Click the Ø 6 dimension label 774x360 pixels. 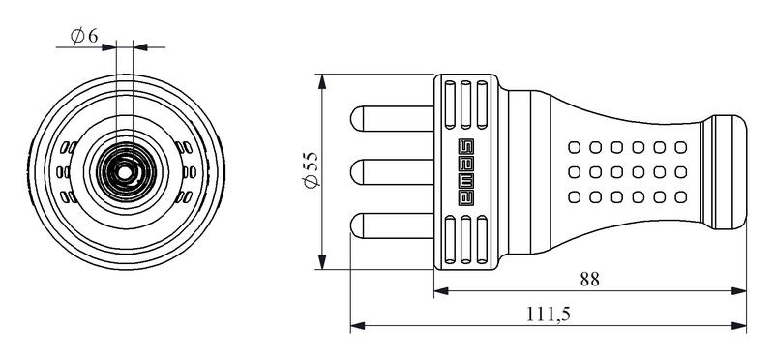pyautogui.click(x=84, y=36)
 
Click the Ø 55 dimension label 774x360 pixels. pyautogui.click(x=313, y=170)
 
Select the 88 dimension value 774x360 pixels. pyautogui.click(x=589, y=280)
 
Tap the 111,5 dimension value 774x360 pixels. pyautogui.click(x=548, y=315)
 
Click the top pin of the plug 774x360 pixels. pyautogui.click(x=392, y=119)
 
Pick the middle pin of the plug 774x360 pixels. pyautogui.click(x=392, y=172)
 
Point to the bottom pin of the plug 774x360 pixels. pyautogui.click(x=392, y=225)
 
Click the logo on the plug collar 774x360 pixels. pyautogui.click(x=466, y=172)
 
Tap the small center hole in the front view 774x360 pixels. pyautogui.click(x=125, y=173)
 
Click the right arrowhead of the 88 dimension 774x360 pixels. pyautogui.click(x=739, y=291)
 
